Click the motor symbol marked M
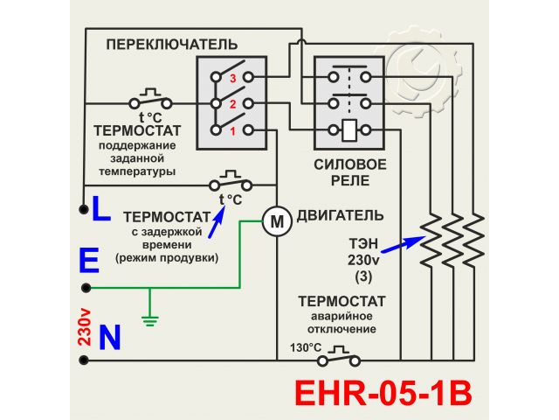(277, 222)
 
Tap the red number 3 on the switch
(233, 78)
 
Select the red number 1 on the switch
(233, 131)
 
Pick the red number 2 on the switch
(233, 105)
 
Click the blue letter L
(100, 208)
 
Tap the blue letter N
(110, 338)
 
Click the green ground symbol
(150, 319)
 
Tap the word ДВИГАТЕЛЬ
(340, 214)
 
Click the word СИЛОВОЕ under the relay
(349, 164)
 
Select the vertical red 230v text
(85, 327)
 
